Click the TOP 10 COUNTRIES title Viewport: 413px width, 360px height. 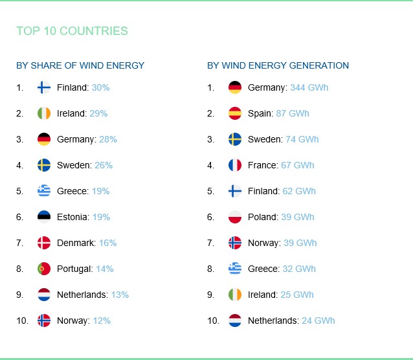point(72,31)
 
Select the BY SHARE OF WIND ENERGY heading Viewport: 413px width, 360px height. point(80,65)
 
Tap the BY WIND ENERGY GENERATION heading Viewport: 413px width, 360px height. point(278,65)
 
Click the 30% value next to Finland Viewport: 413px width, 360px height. point(100,87)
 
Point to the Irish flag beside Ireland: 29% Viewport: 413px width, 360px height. point(44,113)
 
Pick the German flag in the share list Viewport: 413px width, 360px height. point(44,139)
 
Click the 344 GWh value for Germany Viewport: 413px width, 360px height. point(309,87)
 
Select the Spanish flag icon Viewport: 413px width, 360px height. point(235,113)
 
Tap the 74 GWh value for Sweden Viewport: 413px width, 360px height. point(302,139)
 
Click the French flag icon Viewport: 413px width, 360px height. point(235,165)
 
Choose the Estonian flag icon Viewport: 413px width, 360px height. point(44,217)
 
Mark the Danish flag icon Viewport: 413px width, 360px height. point(44,243)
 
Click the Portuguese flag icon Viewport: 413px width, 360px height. point(44,269)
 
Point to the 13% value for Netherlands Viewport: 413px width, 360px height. point(120,295)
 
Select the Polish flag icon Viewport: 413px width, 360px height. point(235,217)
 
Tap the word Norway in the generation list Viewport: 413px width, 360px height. point(263,243)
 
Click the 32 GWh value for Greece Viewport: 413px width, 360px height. point(299,269)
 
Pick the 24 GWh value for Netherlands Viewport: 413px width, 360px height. point(318,321)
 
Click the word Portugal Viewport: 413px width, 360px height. point(74,269)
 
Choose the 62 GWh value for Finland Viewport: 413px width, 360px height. point(299,191)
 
